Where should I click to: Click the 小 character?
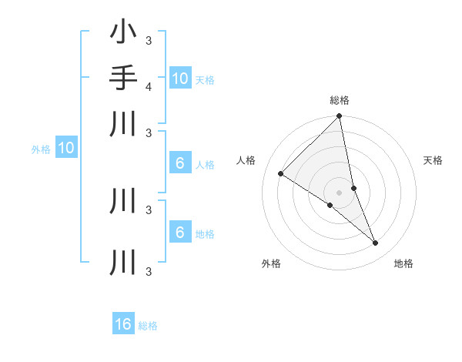click(x=123, y=33)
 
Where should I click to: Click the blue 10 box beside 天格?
click(x=179, y=78)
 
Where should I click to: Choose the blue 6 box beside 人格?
click(x=179, y=163)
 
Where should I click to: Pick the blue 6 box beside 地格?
click(x=179, y=233)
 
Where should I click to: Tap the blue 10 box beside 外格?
click(x=66, y=148)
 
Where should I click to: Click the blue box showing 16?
click(x=123, y=324)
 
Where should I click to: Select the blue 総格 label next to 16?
click(x=148, y=326)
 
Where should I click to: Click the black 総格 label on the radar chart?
click(x=340, y=100)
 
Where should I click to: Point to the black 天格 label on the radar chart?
click(x=433, y=160)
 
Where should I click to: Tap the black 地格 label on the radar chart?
click(x=403, y=263)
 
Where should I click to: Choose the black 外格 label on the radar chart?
click(x=271, y=263)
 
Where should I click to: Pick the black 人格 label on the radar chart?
click(x=246, y=160)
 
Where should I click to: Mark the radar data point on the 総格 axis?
click(x=340, y=116)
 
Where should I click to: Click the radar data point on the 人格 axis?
click(x=281, y=174)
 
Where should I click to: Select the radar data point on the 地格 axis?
click(x=376, y=243)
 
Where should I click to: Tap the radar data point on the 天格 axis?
click(x=353, y=188)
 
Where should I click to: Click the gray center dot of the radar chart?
click(x=339, y=193)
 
